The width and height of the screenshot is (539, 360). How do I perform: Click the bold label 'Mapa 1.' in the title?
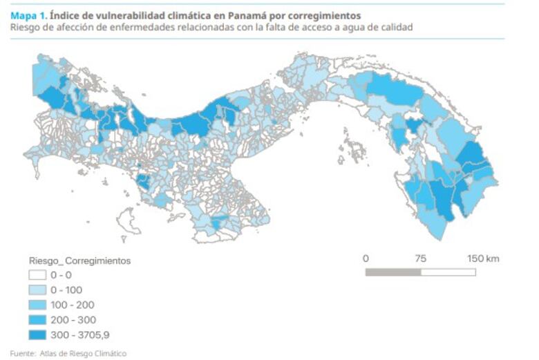(x=29, y=15)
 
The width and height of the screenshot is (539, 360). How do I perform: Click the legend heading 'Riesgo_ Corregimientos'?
(x=79, y=261)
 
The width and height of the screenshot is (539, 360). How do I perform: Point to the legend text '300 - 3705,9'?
(x=85, y=335)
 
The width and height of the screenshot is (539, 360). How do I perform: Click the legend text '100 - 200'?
(x=77, y=305)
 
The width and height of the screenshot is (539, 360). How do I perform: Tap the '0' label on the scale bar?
(x=366, y=258)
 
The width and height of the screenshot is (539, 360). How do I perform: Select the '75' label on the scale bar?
(x=420, y=258)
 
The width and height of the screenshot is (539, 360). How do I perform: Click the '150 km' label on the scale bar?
(x=483, y=258)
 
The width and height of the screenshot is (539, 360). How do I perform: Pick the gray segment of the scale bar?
(x=393, y=272)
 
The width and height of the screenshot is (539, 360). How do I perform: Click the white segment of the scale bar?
(x=448, y=272)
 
